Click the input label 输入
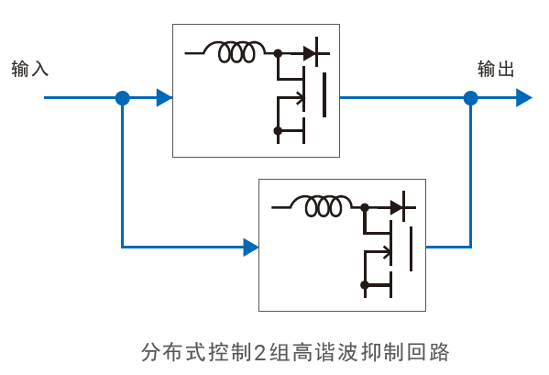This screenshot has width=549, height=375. coord(30,69)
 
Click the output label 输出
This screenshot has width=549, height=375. coord(496,69)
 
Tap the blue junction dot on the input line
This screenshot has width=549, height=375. coord(122,98)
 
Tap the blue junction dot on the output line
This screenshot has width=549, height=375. coord(470,98)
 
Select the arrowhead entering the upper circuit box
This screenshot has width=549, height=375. coord(164,98)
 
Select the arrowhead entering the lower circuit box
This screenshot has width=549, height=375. coord(251,247)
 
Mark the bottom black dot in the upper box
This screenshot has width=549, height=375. coord(278,131)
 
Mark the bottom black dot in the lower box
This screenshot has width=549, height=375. coord(365,285)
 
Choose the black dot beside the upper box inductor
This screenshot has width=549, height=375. coord(278,53)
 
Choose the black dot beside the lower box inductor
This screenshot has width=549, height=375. coord(365,207)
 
